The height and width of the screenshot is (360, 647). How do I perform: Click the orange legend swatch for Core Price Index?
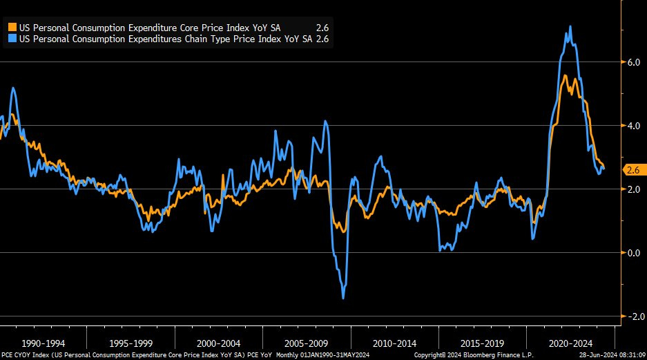click(x=12, y=27)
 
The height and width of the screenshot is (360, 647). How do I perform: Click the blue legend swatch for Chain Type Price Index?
click(x=12, y=39)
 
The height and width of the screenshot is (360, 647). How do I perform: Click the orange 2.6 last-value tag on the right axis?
click(x=632, y=169)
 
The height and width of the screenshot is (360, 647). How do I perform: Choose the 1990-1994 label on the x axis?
click(x=44, y=343)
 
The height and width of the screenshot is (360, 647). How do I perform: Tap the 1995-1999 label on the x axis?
click(x=131, y=343)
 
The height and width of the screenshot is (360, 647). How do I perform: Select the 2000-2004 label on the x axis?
click(x=219, y=343)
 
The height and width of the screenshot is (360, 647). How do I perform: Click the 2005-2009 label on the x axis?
click(x=307, y=343)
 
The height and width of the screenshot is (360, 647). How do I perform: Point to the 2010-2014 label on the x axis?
click(x=394, y=343)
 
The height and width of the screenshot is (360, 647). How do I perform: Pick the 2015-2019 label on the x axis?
click(x=482, y=343)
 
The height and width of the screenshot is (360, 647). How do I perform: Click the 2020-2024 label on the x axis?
click(x=570, y=343)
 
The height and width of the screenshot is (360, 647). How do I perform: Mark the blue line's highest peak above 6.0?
click(x=570, y=27)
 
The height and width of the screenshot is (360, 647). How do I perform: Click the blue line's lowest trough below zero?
click(x=343, y=298)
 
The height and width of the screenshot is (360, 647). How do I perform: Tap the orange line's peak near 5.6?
click(x=566, y=75)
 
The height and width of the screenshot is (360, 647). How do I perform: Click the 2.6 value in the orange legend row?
click(x=322, y=27)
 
